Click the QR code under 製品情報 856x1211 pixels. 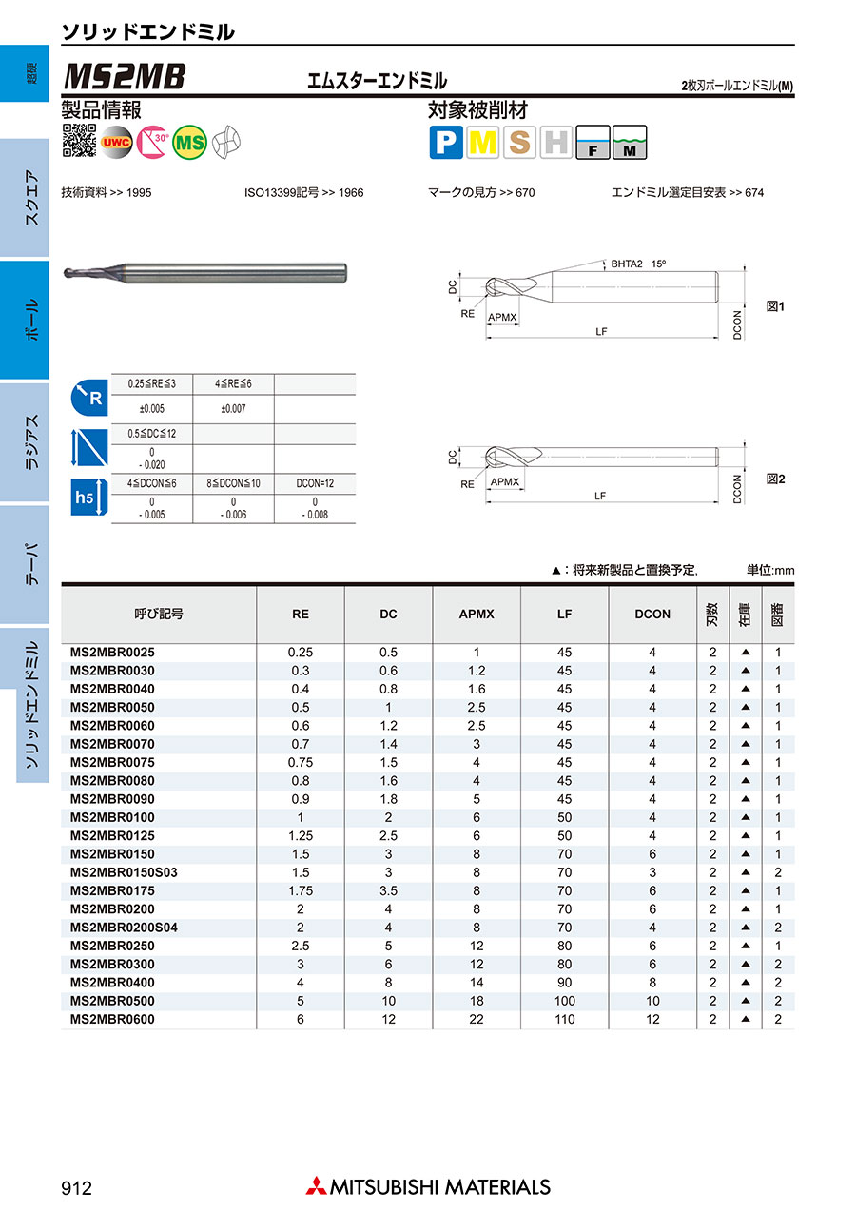tap(80, 140)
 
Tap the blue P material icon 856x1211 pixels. tap(446, 142)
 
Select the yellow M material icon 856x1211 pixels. tap(482, 142)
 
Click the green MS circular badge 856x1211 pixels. tap(189, 142)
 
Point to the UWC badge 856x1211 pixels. tap(116, 142)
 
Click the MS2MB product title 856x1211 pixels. tap(125, 76)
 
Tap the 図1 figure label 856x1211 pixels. tap(775, 306)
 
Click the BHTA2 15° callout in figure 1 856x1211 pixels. tap(638, 264)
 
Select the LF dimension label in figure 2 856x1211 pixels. tap(600, 496)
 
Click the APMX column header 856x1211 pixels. tap(477, 615)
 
